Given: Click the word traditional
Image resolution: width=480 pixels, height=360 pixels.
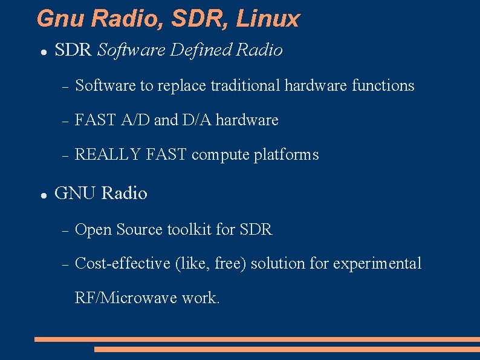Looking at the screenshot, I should pos(245,85).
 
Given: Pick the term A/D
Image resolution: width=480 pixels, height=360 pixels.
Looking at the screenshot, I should pos(135,120).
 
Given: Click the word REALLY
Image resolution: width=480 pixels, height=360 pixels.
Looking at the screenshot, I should pos(108,155).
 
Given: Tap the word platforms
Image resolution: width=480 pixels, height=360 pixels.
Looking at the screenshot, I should pos(286,155).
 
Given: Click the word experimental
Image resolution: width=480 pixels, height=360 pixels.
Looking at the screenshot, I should pos(377,263).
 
